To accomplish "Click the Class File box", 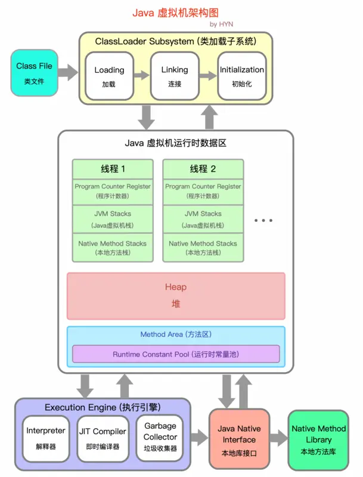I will point(35,73).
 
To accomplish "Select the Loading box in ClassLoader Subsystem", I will point(109,76).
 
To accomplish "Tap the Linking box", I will point(175,76).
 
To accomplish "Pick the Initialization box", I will point(241,76).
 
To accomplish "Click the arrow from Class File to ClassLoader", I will point(69,73).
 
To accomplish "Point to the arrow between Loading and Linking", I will point(141,76).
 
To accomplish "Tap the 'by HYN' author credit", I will point(222,24).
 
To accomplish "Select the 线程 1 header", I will point(113,169).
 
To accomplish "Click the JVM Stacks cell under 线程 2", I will point(203,219).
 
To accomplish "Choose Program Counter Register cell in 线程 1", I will point(113,191).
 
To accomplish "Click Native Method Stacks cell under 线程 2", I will point(203,247).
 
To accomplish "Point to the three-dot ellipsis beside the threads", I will point(263,220).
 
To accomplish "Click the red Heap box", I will point(176,295).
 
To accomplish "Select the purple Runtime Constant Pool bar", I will point(176,354).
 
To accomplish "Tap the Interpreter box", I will point(46,437).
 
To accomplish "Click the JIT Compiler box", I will point(103,437).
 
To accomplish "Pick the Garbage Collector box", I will point(160,437).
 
